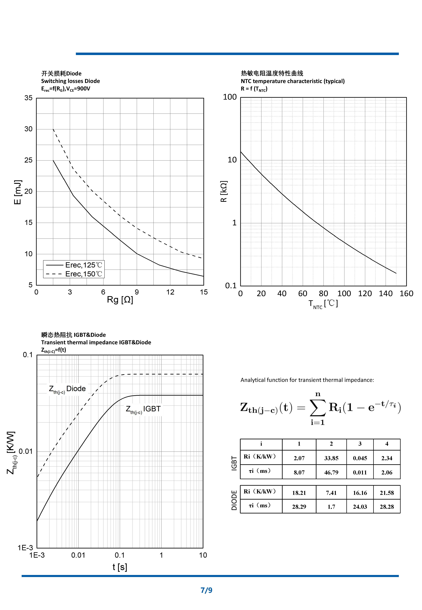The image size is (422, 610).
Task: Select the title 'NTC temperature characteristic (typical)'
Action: (292, 81)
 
